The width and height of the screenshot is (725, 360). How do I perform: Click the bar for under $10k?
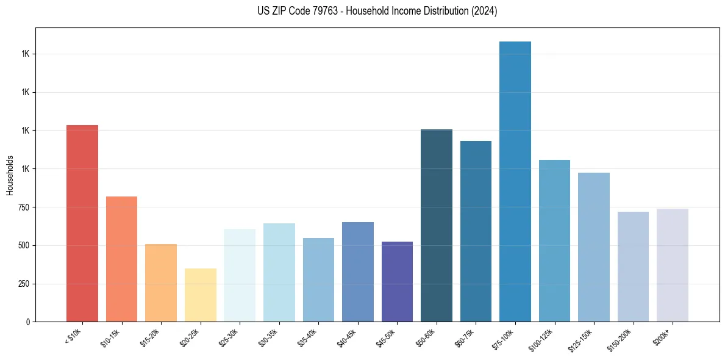tap(82, 223)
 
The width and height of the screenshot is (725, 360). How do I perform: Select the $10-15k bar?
tap(121, 259)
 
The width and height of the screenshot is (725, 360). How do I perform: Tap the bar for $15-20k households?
tap(161, 283)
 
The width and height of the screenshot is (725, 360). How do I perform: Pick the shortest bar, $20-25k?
tap(201, 295)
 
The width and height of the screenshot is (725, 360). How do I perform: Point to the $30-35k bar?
tap(279, 272)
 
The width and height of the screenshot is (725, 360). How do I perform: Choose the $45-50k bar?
tap(397, 281)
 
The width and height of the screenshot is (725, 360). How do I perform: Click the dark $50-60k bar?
tap(437, 225)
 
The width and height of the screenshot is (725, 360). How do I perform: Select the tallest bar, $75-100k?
tap(515, 181)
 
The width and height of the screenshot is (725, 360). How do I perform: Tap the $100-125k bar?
tap(554, 240)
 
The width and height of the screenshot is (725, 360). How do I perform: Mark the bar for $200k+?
tap(673, 265)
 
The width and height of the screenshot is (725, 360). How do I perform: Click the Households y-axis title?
tap(10, 175)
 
